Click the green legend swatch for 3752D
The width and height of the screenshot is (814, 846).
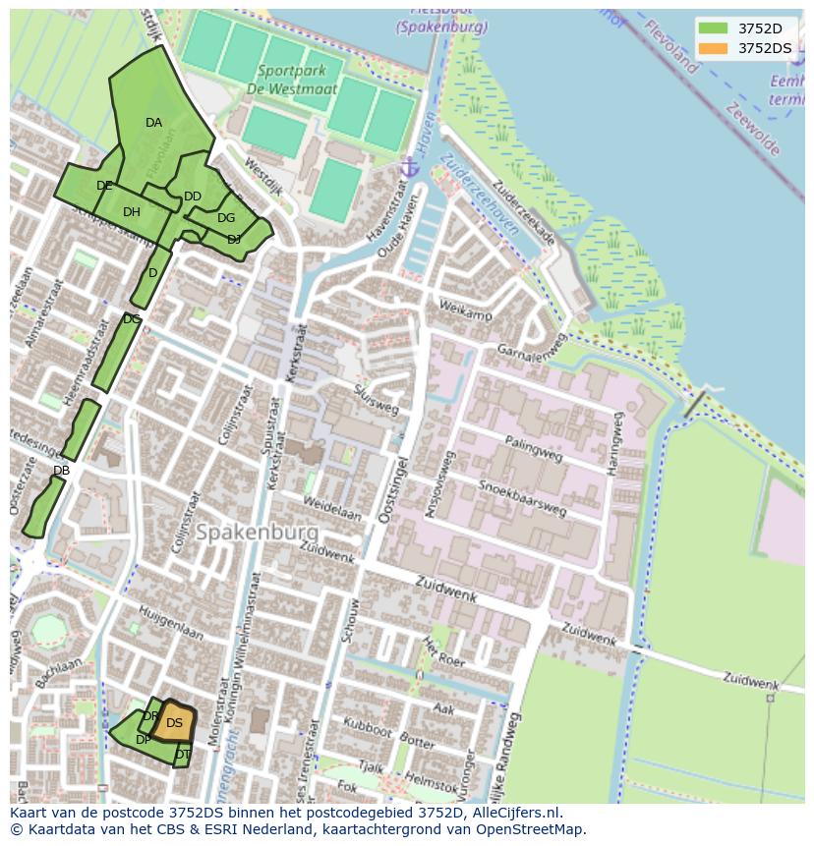pos(713,28)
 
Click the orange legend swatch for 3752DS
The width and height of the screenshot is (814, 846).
pos(713,48)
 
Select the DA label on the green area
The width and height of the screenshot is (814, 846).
pos(153,123)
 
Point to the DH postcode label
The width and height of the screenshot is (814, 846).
pos(132,212)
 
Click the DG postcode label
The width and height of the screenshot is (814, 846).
pos(226,218)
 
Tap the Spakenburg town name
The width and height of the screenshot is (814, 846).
pos(257,532)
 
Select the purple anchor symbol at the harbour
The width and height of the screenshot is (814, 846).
pos(411,167)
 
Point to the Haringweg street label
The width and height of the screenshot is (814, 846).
pos(616,444)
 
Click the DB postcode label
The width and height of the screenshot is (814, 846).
pos(61,471)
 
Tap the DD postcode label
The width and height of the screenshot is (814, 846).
pos(193,197)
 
